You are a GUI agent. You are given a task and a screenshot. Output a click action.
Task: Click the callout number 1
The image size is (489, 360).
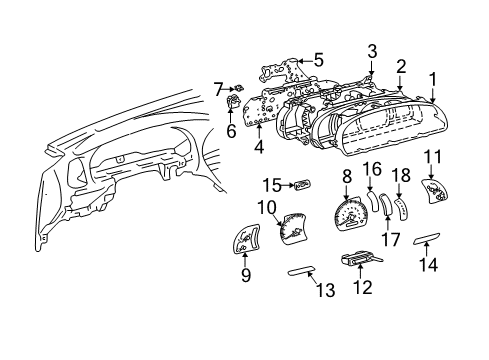pos(433,77)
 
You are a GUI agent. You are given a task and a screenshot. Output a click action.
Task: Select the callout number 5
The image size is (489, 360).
pos(318,60)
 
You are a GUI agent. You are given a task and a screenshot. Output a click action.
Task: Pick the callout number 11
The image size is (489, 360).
pos(432,156)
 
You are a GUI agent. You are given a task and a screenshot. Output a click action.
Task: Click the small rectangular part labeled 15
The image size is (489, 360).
pos(300,184)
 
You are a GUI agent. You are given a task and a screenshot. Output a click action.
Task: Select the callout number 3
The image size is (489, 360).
pos(371,51)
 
